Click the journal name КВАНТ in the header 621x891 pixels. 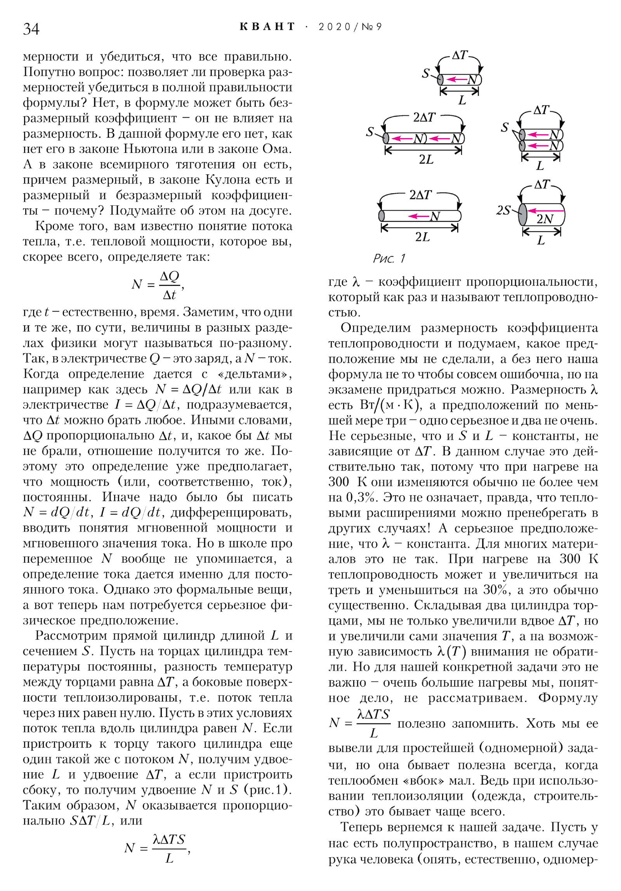[x=267, y=27]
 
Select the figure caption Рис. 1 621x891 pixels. [x=389, y=258]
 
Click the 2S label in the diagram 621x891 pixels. [x=503, y=210]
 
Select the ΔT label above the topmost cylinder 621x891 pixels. [x=460, y=55]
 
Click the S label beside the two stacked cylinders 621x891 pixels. [x=505, y=127]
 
